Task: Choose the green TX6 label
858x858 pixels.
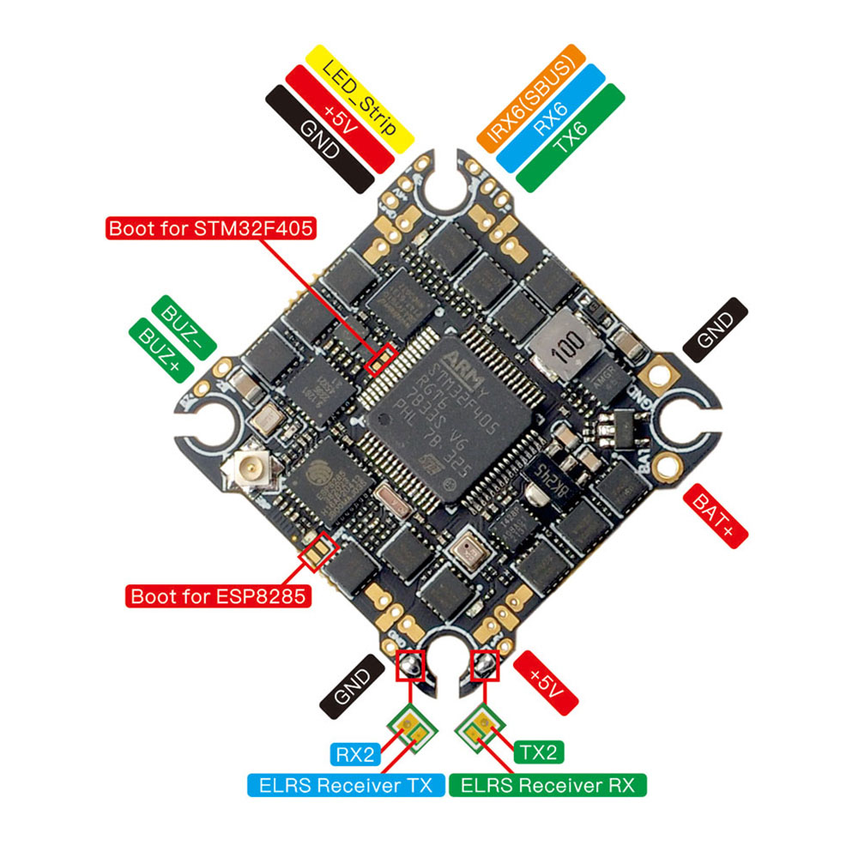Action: tap(570, 137)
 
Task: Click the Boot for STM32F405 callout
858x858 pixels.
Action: tap(211, 228)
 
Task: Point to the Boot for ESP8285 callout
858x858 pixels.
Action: tap(219, 595)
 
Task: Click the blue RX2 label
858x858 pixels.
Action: tap(353, 754)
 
